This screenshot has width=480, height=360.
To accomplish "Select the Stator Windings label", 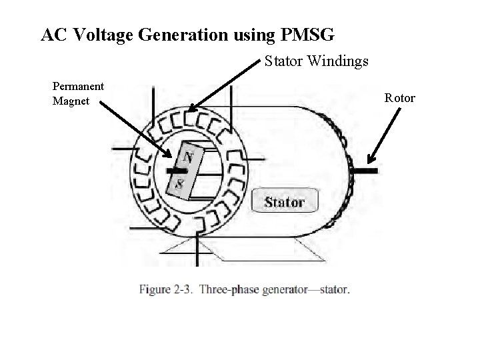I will point(316,62).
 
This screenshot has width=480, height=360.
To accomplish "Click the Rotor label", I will point(400,98).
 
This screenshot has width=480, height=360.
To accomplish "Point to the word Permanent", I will point(78,86).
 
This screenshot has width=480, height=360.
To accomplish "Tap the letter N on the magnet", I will point(189,158).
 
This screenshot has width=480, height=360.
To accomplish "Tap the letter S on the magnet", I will point(179,183).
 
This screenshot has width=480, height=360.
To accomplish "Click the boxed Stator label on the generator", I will point(285,201).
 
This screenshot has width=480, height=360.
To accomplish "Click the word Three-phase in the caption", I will point(226,289).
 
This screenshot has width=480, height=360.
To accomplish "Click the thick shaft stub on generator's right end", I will point(366,171).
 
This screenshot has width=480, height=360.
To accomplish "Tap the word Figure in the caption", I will point(153,289).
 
